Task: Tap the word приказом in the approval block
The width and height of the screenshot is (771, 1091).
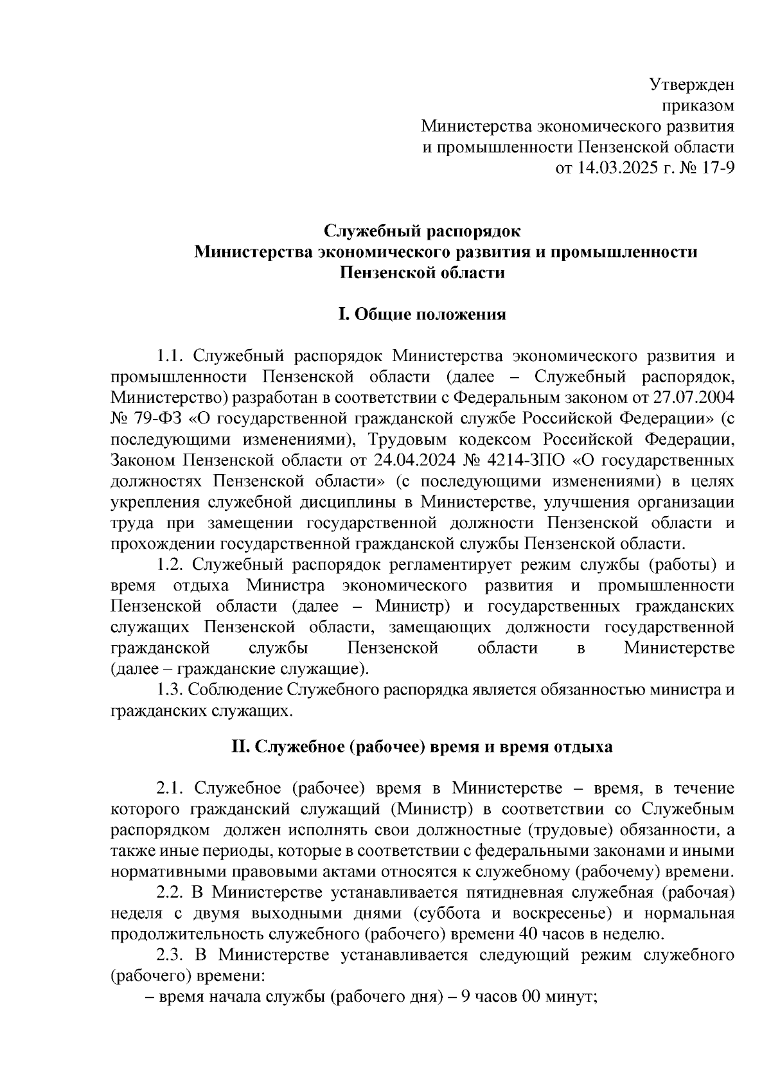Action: pyautogui.click(x=698, y=105)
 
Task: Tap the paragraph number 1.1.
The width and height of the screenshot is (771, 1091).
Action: pyautogui.click(x=171, y=355)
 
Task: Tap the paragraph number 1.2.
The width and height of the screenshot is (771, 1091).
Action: pyautogui.click(x=171, y=565)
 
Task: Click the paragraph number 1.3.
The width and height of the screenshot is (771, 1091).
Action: pyautogui.click(x=171, y=690)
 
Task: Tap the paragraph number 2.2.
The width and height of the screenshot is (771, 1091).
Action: pyautogui.click(x=171, y=892)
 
